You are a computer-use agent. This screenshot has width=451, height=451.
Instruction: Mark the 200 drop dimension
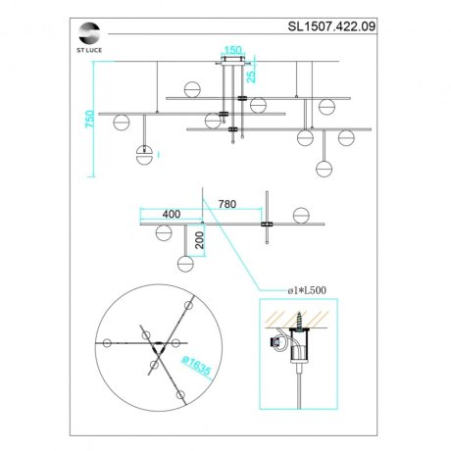(x=199, y=240)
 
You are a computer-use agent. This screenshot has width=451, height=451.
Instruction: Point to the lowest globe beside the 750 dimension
(x=145, y=155)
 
